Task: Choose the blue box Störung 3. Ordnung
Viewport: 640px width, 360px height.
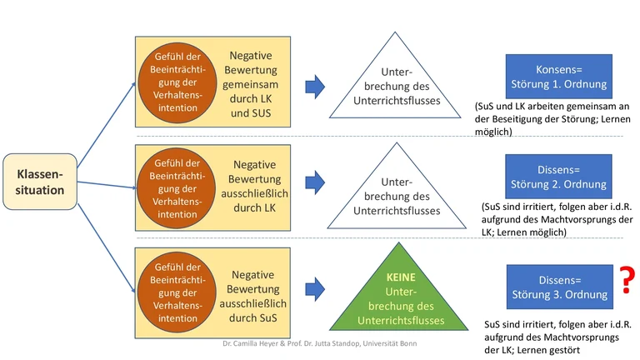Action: pyautogui.click(x=558, y=287)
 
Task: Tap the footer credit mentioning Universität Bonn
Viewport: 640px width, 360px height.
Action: pyautogui.click(x=319, y=343)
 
